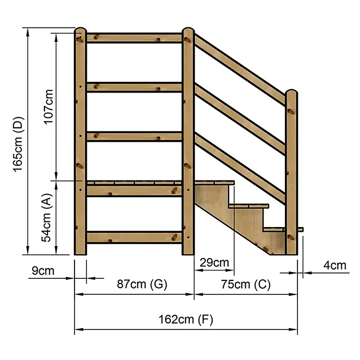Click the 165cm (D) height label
click(x=19, y=144)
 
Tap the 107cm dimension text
click(x=49, y=107)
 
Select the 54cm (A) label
click(x=47, y=218)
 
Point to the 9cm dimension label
click(x=43, y=271)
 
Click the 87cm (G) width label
click(x=142, y=284)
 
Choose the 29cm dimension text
click(x=214, y=262)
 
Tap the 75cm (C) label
click(x=246, y=284)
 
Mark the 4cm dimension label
click(x=335, y=265)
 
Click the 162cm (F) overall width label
click(x=186, y=319)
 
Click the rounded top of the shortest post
click(x=292, y=92)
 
